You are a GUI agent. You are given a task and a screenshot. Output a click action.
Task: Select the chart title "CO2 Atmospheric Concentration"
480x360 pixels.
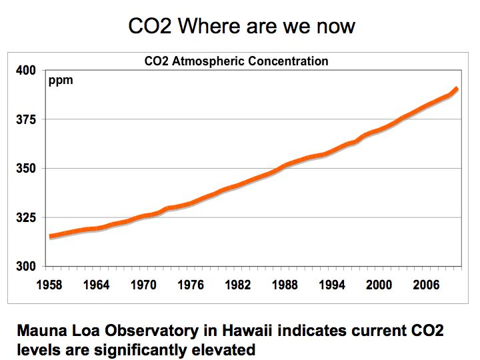(x=237, y=61)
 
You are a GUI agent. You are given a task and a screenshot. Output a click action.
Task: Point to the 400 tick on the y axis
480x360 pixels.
(x=27, y=71)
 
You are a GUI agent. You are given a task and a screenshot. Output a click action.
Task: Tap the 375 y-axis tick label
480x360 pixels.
(x=27, y=120)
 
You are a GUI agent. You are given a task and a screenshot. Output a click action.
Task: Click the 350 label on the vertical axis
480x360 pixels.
(x=27, y=169)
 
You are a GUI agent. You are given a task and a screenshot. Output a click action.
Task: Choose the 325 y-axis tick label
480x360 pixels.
(x=27, y=218)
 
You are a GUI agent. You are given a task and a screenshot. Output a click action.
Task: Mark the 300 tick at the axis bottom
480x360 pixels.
(x=27, y=267)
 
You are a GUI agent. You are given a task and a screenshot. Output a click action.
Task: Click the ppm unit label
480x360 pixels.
(x=61, y=81)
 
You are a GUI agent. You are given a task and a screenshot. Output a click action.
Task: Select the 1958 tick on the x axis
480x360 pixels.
(x=49, y=285)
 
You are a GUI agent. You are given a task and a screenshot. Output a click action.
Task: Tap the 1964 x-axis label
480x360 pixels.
(x=97, y=285)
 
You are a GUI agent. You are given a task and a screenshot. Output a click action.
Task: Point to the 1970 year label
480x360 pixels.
(x=143, y=285)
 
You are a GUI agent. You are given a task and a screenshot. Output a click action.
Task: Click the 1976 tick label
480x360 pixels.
(x=191, y=285)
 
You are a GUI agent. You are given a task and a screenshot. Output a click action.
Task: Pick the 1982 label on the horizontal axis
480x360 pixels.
(x=238, y=285)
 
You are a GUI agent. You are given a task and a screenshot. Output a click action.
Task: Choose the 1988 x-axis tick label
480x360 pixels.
(x=285, y=285)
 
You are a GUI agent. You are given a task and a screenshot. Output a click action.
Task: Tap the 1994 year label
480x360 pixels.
(x=332, y=285)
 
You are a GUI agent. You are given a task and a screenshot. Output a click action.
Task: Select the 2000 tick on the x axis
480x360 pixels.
(x=379, y=285)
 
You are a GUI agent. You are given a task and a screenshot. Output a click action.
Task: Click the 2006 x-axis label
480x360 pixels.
(x=427, y=285)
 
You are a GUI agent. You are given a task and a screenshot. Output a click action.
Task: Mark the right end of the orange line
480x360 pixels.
(x=457, y=89)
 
